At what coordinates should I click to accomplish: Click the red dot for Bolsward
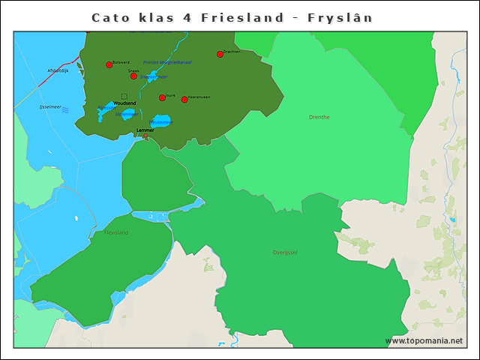pos(109,65)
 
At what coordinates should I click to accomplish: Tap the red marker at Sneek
pos(133,76)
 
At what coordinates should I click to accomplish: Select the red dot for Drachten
pos(220,54)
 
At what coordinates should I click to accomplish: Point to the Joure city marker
pos(162,97)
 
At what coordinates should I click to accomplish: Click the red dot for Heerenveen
pos(184,100)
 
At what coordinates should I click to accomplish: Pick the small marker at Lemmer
pos(145,136)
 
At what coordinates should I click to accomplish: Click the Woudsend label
pos(124,103)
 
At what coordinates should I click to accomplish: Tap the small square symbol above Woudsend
pos(124,96)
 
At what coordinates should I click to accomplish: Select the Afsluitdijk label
pos(58,70)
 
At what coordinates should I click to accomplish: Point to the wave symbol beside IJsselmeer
pos(65,110)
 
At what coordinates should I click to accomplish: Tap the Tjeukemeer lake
pos(161,120)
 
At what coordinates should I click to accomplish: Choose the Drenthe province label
pos(319,117)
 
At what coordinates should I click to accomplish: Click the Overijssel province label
pos(285,253)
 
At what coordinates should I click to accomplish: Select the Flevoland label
pos(115,232)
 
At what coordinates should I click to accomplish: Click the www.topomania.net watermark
pos(424,340)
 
